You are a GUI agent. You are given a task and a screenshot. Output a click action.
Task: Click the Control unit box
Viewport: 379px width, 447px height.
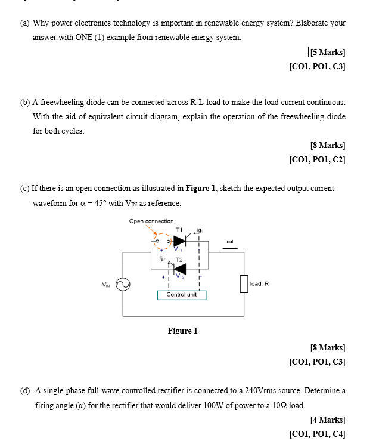point(182,295)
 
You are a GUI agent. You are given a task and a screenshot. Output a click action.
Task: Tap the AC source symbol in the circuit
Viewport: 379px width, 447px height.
point(123,285)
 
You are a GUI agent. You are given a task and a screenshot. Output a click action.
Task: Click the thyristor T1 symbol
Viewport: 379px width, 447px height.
point(179,241)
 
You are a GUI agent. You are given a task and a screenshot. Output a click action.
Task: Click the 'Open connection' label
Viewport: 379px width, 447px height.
point(151,221)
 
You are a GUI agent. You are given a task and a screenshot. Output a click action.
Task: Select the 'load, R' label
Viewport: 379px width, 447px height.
point(259,283)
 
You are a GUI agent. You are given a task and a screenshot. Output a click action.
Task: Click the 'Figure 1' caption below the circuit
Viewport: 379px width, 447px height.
point(182,331)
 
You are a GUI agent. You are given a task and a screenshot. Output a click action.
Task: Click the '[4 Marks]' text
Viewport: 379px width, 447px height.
point(328,420)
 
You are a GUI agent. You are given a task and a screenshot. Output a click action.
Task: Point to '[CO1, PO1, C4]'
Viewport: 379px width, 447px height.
point(317,434)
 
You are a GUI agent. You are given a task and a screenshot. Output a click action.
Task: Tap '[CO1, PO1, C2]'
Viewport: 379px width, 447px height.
point(317,159)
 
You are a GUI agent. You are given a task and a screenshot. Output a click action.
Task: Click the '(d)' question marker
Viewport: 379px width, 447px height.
point(25,391)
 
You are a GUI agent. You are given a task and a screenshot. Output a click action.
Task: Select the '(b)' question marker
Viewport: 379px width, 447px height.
point(25,102)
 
